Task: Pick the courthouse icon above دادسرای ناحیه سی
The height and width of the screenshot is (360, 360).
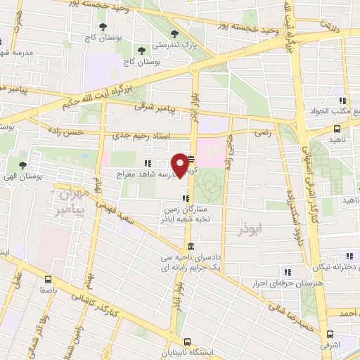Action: (x=191, y=246)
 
